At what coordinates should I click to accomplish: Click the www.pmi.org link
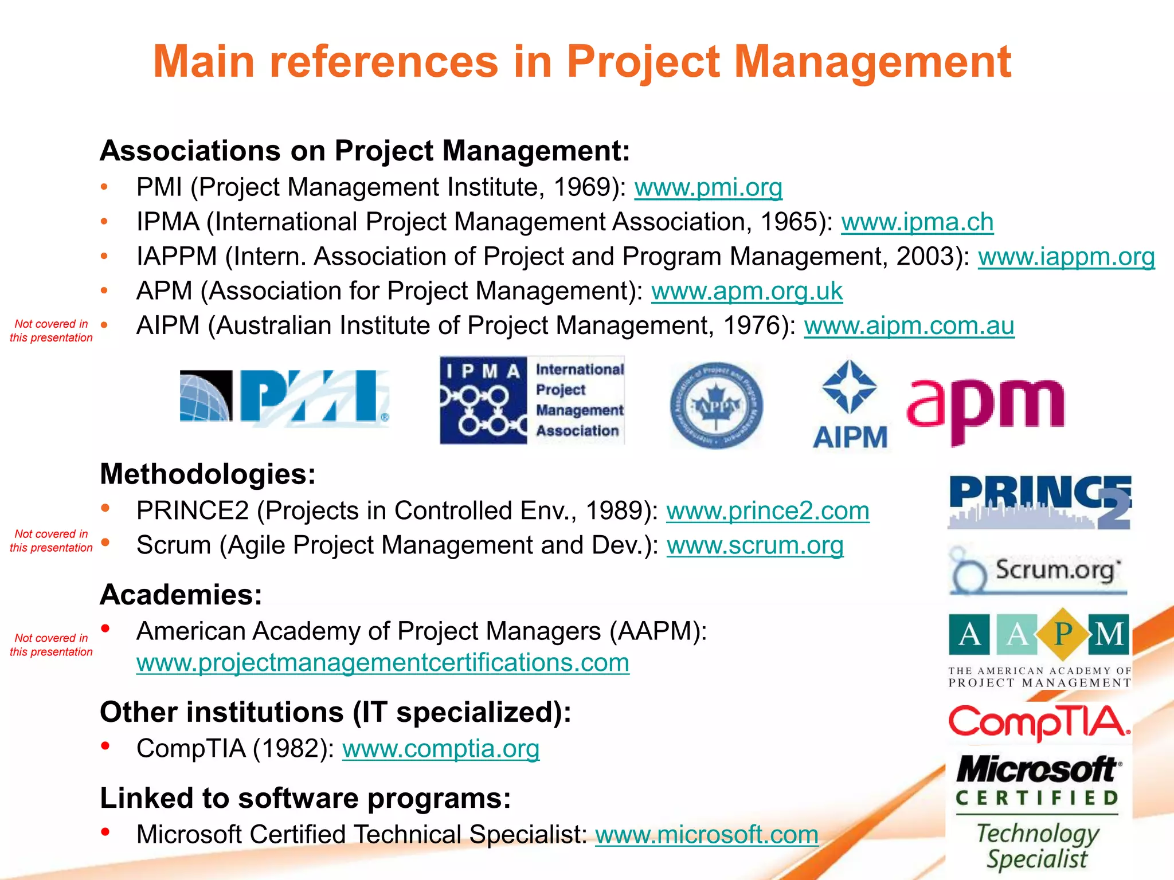tap(708, 188)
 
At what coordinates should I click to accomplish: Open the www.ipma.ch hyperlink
tap(917, 222)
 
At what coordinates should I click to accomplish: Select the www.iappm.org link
tap(1066, 257)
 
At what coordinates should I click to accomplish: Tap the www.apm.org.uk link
tap(746, 292)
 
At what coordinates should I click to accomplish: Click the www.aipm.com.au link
tap(909, 326)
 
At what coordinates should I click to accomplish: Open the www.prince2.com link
tap(768, 511)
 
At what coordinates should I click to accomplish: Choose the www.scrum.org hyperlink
tap(755, 545)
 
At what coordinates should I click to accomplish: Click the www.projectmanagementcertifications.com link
tap(383, 663)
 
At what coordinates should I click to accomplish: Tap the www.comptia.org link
tap(441, 749)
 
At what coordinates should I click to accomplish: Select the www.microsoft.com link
tap(707, 835)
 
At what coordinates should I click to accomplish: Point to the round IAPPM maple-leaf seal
tap(717, 406)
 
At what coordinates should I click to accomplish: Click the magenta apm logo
tap(985, 408)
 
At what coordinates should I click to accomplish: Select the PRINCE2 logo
tap(1039, 501)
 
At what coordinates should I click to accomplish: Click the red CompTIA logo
tap(1039, 722)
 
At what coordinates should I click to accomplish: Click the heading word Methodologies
tap(208, 474)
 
